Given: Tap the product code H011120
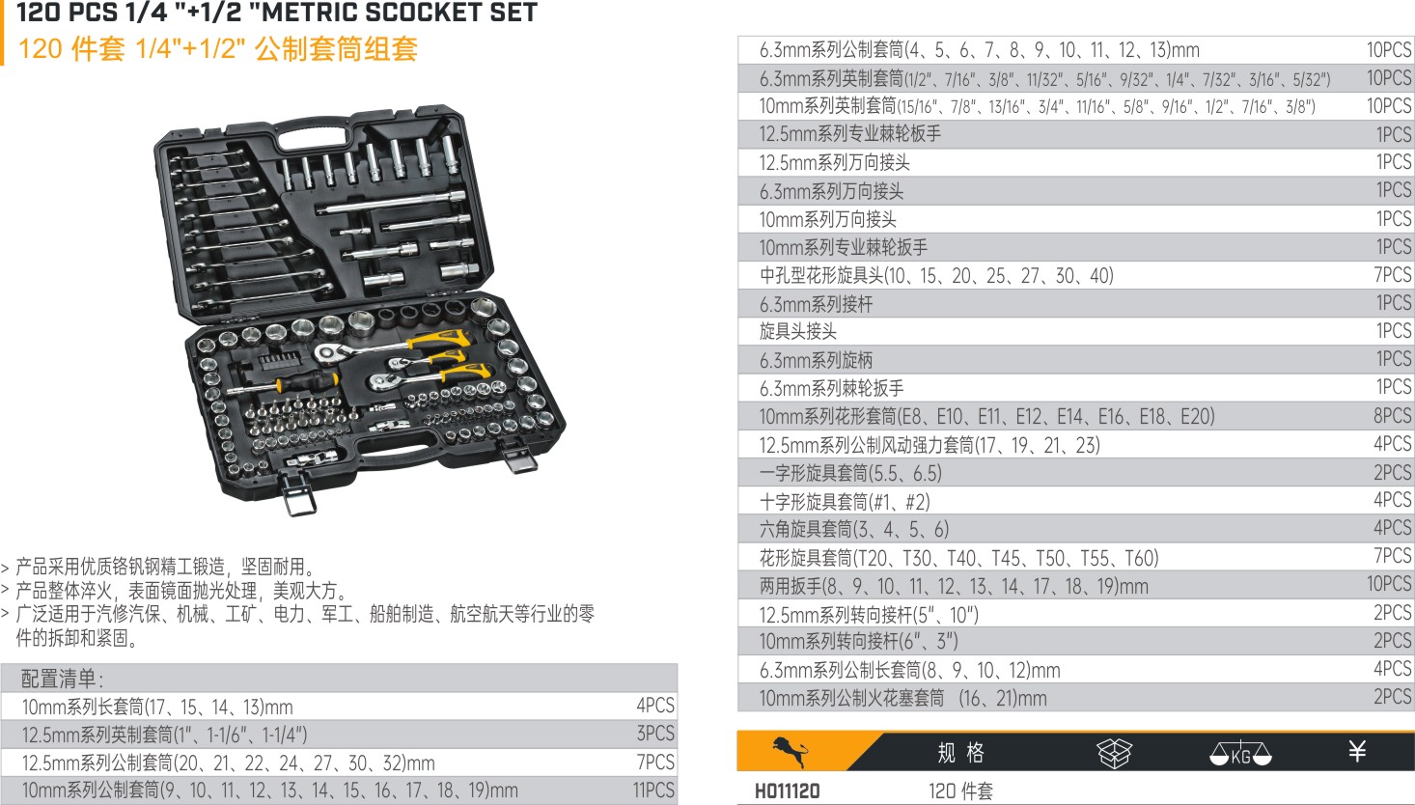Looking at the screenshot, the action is pyautogui.click(x=787, y=791).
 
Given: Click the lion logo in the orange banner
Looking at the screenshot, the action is pyautogui.click(x=791, y=751).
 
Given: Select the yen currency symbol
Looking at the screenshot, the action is pyautogui.click(x=1357, y=751).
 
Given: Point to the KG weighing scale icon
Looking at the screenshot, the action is pyautogui.click(x=1240, y=753).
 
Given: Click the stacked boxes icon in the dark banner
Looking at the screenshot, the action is pyautogui.click(x=1114, y=753).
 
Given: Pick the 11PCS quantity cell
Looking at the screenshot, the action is pyautogui.click(x=653, y=791).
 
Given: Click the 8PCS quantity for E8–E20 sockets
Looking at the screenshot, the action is pyautogui.click(x=1392, y=416).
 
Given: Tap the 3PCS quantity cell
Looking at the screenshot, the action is pyautogui.click(x=655, y=734).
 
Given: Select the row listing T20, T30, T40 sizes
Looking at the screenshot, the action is pyautogui.click(x=958, y=558).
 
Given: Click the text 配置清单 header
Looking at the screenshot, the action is pyautogui.click(x=62, y=679).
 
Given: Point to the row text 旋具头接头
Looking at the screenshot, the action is pyautogui.click(x=798, y=331).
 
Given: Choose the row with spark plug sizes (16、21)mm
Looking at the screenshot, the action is pyautogui.click(x=902, y=698).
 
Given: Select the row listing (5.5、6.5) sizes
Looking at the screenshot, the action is pyautogui.click(x=850, y=473).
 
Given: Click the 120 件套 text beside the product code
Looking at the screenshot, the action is pyautogui.click(x=960, y=791).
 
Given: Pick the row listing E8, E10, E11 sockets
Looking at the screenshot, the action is pyautogui.click(x=986, y=416).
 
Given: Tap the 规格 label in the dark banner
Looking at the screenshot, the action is pyautogui.click(x=960, y=753).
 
